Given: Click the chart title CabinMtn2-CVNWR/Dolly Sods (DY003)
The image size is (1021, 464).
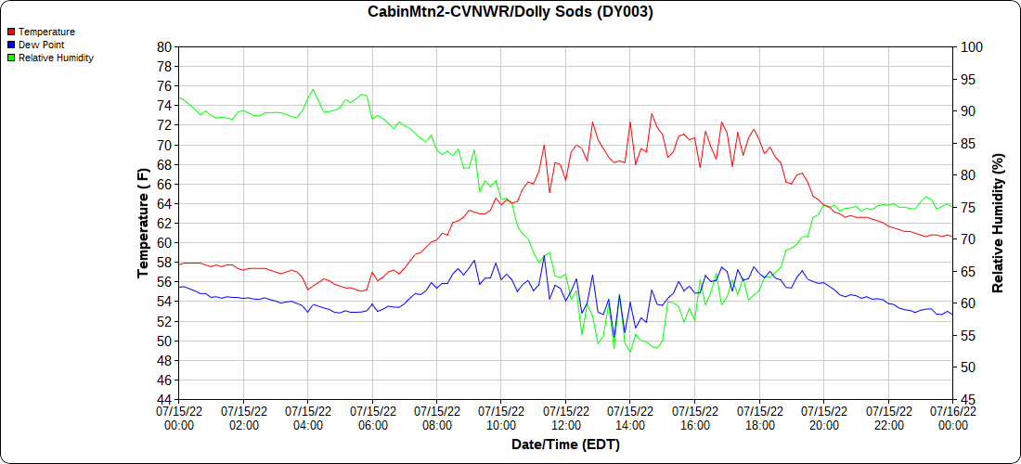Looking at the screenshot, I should point(510,12).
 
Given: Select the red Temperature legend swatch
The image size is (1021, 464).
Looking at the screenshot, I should point(10,32).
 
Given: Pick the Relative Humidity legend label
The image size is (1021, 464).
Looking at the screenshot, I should point(56,58).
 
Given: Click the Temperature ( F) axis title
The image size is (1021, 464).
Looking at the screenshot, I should point(143,223).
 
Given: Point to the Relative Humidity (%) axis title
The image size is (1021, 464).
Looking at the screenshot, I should point(999,223).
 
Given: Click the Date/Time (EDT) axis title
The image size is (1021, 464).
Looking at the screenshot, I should point(565,445).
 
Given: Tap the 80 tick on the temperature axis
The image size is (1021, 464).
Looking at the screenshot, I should point(164,46).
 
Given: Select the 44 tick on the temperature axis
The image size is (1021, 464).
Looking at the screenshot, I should point(164,399).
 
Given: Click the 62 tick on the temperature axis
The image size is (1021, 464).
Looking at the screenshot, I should point(164,223).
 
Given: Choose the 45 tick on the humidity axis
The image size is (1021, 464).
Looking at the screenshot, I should point(966,399).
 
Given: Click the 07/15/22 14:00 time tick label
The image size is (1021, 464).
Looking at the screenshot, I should point(630,418).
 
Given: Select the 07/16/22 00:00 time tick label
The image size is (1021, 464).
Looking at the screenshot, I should point(952,418).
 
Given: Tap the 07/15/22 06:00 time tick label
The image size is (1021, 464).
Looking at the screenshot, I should point(372,418).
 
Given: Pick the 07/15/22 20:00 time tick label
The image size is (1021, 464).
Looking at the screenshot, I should point(823,418).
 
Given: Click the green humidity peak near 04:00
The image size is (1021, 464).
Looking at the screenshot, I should point(313,89).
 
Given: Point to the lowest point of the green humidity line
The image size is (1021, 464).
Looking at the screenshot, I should point(630,353).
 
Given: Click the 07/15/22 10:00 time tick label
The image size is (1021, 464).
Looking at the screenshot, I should point(501,418).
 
